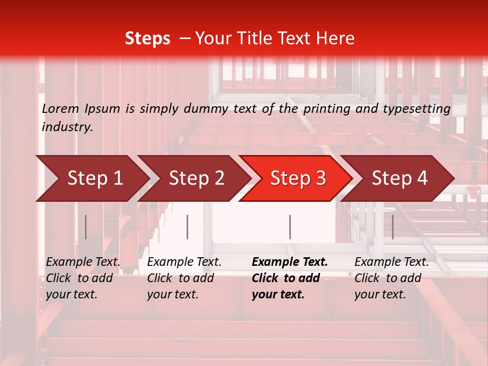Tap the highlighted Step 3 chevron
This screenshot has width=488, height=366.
point(298,178)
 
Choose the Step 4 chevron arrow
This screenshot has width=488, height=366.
point(400,178)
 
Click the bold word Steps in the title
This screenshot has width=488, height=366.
point(147,39)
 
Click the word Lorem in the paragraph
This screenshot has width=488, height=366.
point(60,108)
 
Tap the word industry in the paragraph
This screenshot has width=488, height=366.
point(67,127)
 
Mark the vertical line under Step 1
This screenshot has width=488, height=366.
point(85,227)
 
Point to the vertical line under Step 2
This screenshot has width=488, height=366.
point(188,227)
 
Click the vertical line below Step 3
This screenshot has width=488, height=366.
point(290,227)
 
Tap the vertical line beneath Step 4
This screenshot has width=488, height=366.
point(392,227)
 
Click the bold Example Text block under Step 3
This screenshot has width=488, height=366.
point(290,278)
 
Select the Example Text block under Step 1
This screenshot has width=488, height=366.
point(83,278)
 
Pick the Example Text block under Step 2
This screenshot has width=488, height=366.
point(184,278)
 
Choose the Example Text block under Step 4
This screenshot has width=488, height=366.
point(391,278)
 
